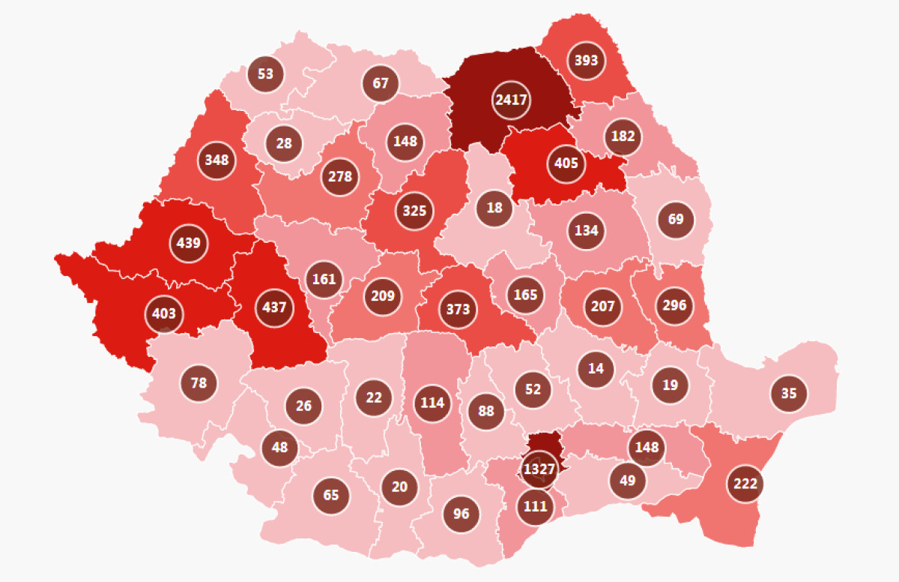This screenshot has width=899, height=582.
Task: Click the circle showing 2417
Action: tap(512, 99)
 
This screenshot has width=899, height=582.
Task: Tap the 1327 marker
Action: tap(539, 469)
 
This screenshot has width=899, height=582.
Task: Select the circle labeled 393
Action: tap(586, 59)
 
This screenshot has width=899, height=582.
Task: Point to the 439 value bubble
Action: tap(189, 243)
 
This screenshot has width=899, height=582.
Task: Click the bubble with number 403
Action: tap(163, 312)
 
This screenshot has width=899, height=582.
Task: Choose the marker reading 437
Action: tap(273, 307)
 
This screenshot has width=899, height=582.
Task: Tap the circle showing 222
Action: tap(745, 484)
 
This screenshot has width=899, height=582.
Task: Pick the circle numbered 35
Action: tap(789, 392)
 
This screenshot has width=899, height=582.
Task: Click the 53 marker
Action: tap(265, 73)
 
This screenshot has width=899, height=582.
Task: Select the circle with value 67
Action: tap(381, 82)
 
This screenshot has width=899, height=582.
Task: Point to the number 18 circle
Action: tap(494, 206)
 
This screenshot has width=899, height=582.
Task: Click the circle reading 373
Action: tap(458, 309)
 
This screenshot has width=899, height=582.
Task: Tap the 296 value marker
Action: tap(674, 305)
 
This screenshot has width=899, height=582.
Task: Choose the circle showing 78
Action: tap(199, 383)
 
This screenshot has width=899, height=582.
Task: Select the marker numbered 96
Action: tap(461, 514)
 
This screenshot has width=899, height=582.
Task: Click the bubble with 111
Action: tap(535, 505)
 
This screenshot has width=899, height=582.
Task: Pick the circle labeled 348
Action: tap(217, 159)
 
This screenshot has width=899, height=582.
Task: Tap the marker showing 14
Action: tap(596, 368)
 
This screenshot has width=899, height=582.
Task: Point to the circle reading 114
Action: tap(432, 403)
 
